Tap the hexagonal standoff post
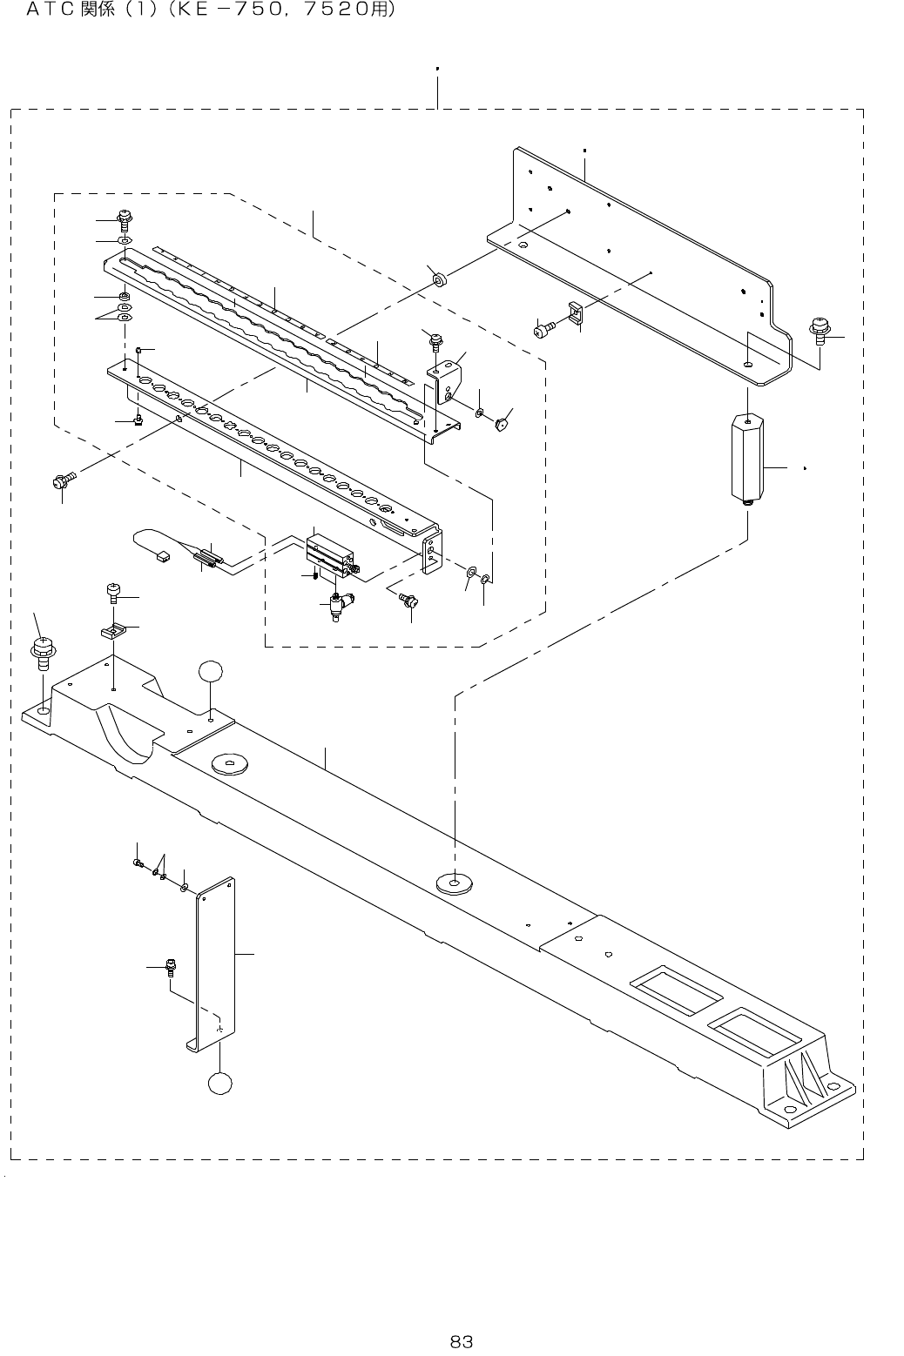pyautogui.click(x=746, y=458)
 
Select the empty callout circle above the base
pyautogui.click(x=211, y=674)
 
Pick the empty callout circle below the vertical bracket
pyautogui.click(x=220, y=1082)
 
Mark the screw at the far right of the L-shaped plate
pyautogui.click(x=820, y=327)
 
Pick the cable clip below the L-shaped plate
pyautogui.click(x=576, y=312)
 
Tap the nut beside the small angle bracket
pyautogui.click(x=501, y=426)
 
